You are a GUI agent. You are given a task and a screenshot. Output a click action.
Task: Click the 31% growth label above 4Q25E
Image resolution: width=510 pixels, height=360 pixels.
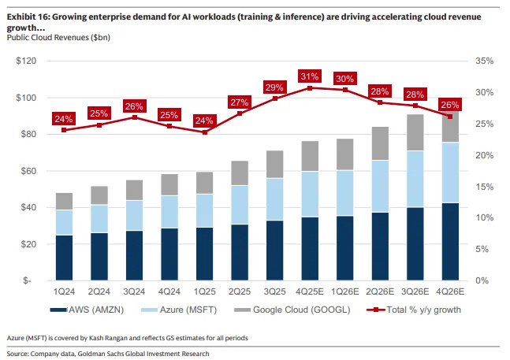click(x=309, y=76)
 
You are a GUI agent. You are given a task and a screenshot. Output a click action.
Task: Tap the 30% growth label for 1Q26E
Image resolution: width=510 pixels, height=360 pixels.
click(x=344, y=79)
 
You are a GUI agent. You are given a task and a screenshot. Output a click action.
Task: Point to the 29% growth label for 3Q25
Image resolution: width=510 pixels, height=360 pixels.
click(x=274, y=87)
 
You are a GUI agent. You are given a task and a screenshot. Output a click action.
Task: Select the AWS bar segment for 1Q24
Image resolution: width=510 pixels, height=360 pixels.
click(x=64, y=258)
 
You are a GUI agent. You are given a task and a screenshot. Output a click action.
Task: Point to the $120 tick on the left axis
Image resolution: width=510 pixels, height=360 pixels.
click(x=29, y=61)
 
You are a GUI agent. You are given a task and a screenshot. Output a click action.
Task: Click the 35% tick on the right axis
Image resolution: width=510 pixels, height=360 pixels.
click(x=484, y=61)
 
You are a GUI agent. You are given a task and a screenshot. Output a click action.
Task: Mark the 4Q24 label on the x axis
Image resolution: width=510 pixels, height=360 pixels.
click(x=169, y=291)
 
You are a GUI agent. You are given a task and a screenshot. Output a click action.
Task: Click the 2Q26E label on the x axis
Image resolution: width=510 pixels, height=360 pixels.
click(x=378, y=291)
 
